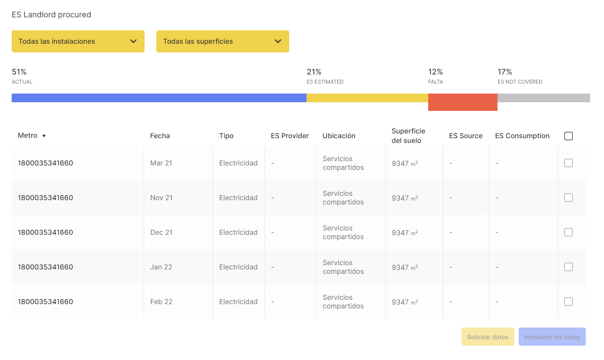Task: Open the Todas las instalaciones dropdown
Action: [78, 42]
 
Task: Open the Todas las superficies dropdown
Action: [223, 42]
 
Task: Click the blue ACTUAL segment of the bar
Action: [159, 98]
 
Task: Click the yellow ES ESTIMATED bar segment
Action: [367, 98]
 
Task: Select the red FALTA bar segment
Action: [462, 102]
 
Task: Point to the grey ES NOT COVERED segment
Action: [543, 98]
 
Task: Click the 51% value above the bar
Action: [19, 72]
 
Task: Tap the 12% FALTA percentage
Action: [435, 72]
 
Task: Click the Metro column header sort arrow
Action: [44, 136]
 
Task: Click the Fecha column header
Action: [160, 136]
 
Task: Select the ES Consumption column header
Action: [522, 136]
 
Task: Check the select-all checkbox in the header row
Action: [568, 136]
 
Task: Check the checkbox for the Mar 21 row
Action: [568, 163]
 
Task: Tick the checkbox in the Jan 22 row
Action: [568, 267]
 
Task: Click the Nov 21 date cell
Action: [161, 198]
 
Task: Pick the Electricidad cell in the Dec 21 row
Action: [238, 233]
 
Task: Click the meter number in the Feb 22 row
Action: [45, 302]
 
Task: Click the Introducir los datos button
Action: [552, 337]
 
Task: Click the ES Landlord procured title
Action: [51, 15]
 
